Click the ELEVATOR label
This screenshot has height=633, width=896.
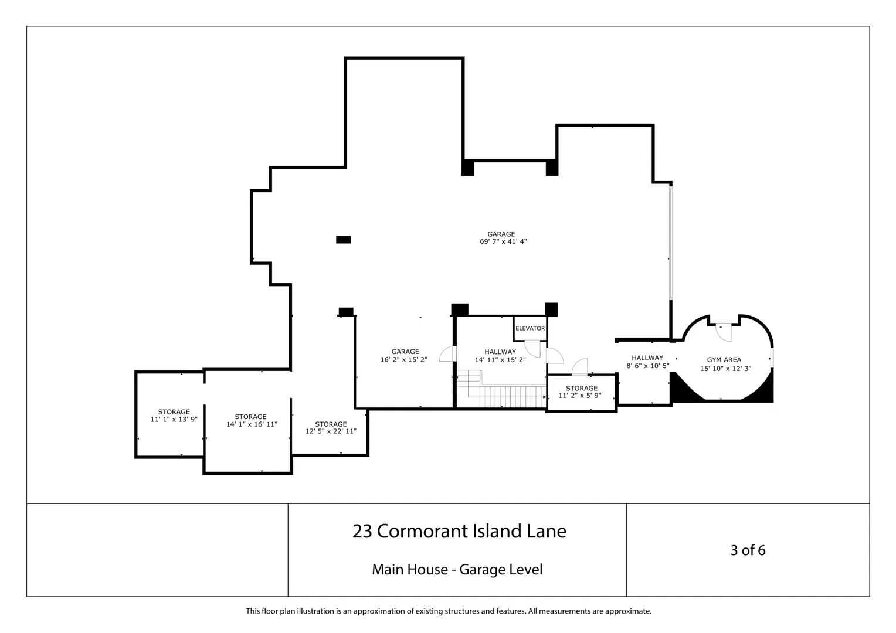click(530, 328)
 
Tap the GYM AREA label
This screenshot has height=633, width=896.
click(724, 360)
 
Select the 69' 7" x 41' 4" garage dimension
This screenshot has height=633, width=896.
click(503, 241)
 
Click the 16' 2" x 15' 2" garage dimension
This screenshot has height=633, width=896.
click(403, 359)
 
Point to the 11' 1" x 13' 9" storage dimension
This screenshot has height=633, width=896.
click(174, 420)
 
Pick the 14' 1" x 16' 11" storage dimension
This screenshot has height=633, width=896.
click(252, 424)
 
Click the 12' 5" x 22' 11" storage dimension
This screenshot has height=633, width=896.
click(331, 431)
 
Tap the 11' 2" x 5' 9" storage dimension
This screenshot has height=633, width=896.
click(580, 396)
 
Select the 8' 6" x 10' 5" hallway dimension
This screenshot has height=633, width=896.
click(647, 366)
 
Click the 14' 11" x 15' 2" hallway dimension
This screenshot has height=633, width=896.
click(500, 359)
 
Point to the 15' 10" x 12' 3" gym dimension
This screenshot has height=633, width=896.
click(725, 369)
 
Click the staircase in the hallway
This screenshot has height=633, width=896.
click(502, 389)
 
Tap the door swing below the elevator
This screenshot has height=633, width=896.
click(532, 349)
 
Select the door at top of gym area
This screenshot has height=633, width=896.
click(724, 333)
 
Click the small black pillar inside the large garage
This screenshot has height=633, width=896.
click(343, 240)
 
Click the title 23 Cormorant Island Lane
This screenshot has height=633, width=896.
click(459, 531)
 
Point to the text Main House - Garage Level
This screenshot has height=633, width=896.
click(457, 570)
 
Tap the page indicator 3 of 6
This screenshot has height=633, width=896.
click(748, 550)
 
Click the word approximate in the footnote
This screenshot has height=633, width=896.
click(627, 611)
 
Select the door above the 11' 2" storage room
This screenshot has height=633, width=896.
click(580, 367)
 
